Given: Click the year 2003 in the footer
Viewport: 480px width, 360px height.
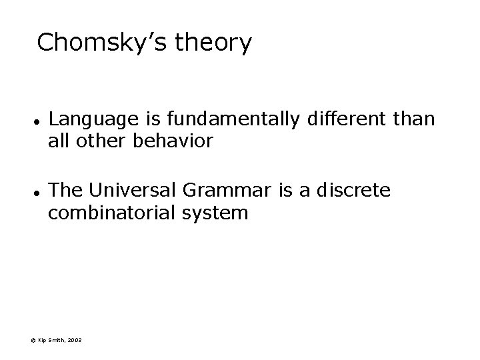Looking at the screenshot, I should coord(75,341).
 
